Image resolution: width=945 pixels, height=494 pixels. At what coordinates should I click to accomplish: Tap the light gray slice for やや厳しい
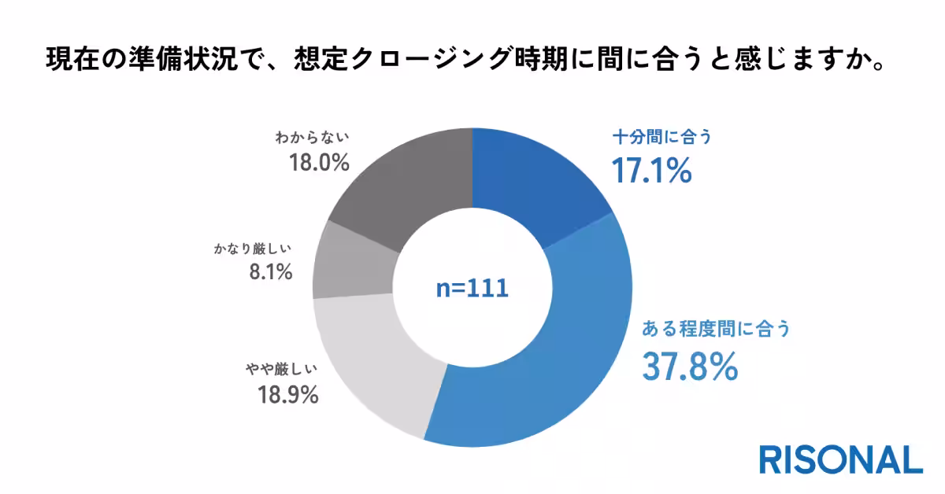point(370,362)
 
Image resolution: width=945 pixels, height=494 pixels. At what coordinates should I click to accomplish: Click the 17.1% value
point(652,171)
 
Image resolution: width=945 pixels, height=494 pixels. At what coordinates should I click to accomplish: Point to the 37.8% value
point(690,366)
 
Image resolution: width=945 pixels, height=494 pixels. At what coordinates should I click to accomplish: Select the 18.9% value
point(287,393)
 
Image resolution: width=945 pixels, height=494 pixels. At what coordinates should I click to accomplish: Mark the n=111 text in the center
point(472,288)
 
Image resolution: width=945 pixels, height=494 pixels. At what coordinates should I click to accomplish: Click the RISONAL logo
point(840,460)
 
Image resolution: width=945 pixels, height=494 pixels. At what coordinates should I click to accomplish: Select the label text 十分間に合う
point(661,138)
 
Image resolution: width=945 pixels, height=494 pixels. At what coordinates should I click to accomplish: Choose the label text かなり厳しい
point(253,249)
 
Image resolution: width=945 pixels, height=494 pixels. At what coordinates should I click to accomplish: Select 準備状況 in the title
point(176,60)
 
